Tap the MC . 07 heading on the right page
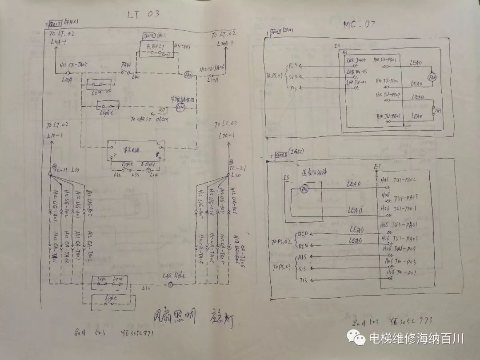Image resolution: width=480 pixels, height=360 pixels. (x=360, y=24)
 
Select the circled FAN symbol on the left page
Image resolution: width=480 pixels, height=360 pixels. (x=188, y=75)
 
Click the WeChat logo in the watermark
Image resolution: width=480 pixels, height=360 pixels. (x=358, y=339)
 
